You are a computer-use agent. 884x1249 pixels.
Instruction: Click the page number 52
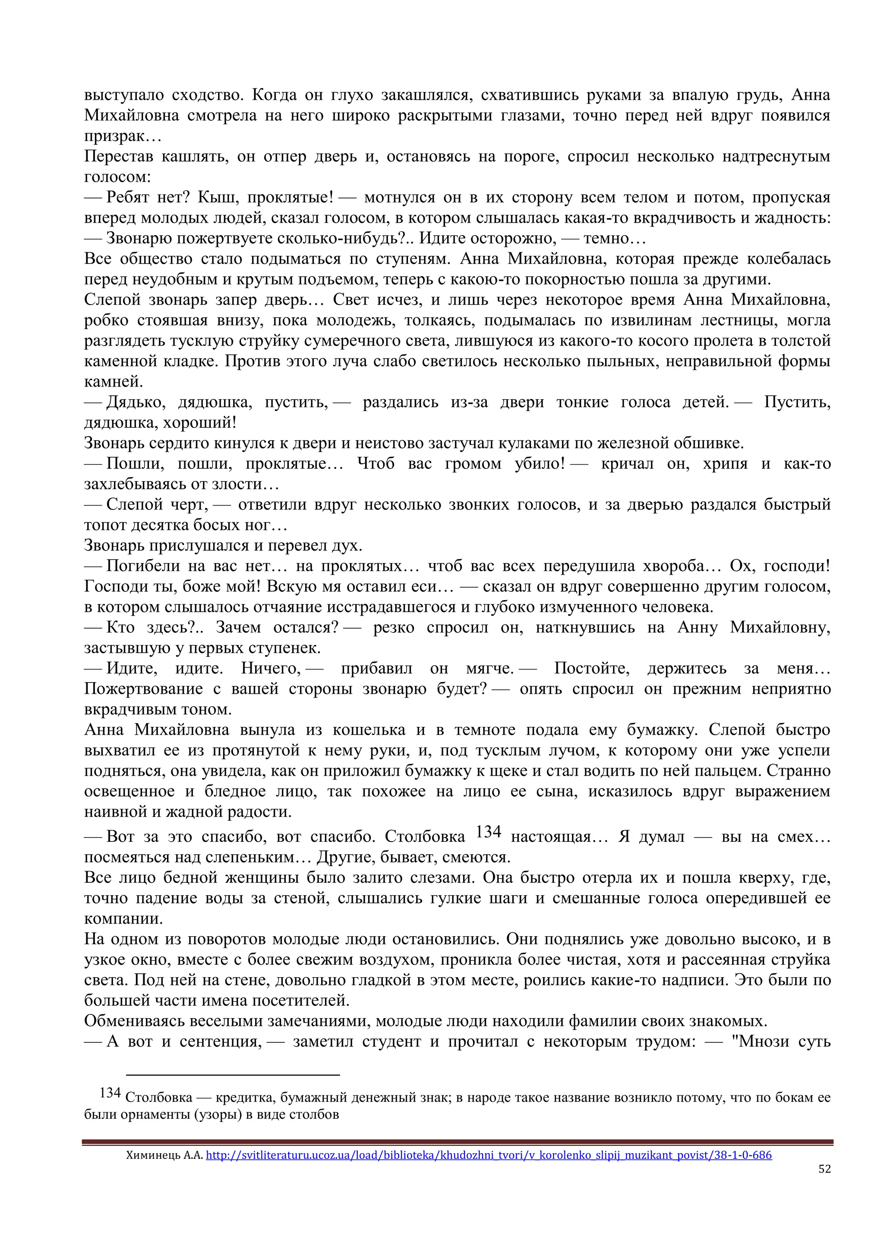(x=824, y=1168)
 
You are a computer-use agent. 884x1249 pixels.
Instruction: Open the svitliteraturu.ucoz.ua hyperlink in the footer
(x=488, y=1155)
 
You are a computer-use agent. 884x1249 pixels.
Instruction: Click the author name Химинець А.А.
(x=164, y=1155)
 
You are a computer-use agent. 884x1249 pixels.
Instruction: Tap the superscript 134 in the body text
(x=488, y=832)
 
